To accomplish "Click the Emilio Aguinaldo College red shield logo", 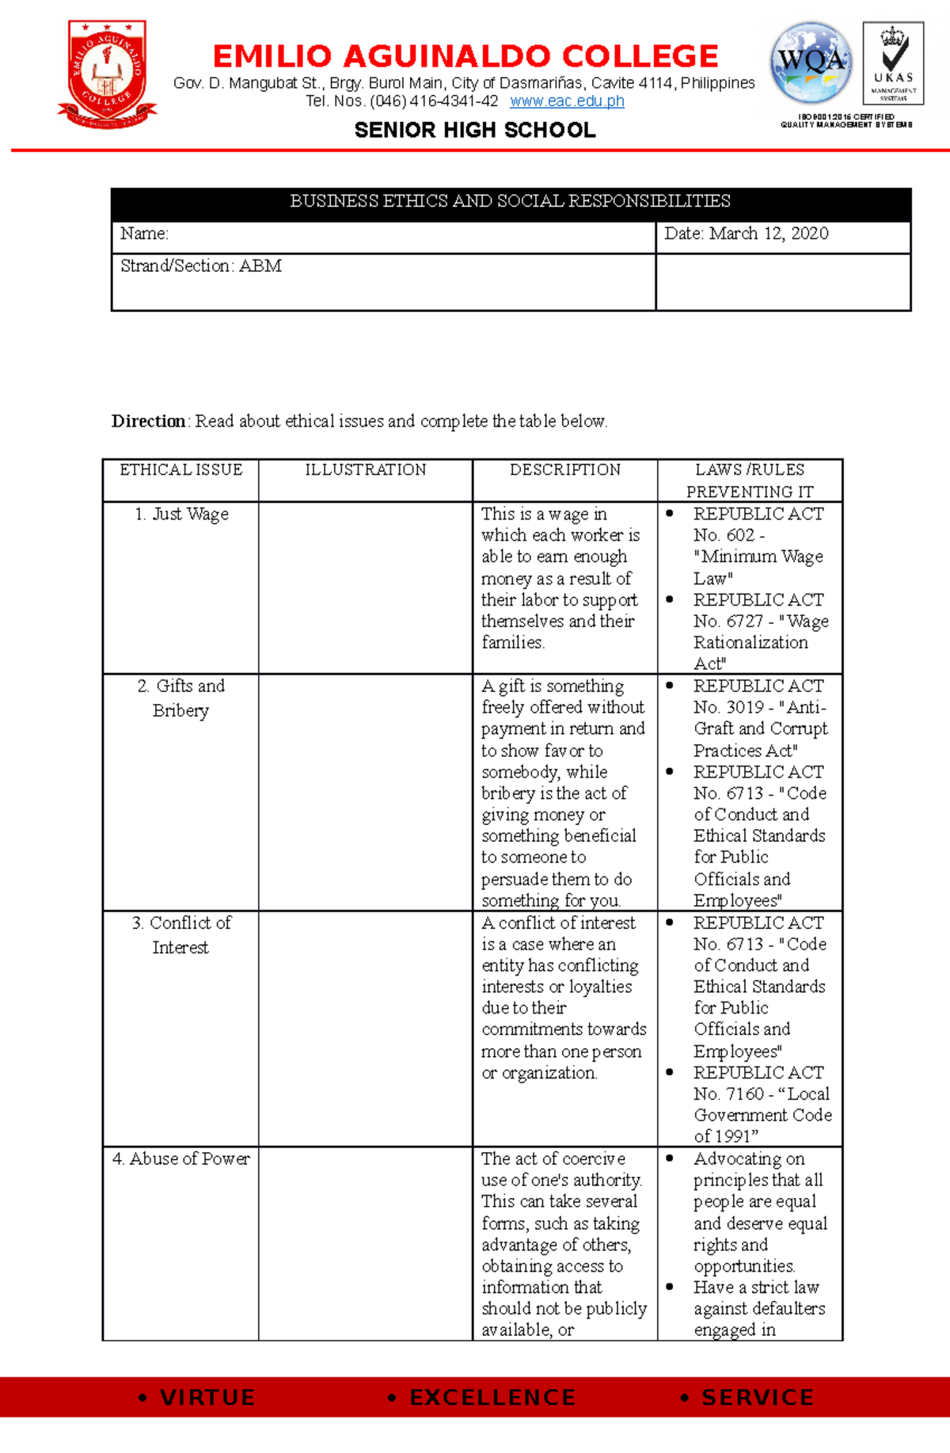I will click(107, 74).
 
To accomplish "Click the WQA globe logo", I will click(811, 63).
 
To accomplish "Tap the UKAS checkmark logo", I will click(893, 63).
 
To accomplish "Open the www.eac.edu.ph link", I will click(567, 101).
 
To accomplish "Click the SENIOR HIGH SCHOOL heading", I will click(475, 130).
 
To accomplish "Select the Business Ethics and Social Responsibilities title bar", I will click(511, 201).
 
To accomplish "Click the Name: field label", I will click(144, 234).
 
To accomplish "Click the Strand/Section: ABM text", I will click(201, 266).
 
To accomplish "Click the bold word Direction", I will click(148, 421).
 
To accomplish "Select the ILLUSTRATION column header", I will click(366, 470).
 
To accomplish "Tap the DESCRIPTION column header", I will click(565, 470).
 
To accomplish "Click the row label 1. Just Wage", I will click(182, 514).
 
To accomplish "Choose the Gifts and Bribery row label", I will click(181, 698).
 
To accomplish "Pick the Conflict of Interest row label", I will click(181, 934).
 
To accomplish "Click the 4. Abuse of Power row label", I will click(181, 1158).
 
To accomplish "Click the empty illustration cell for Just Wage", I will click(366, 587).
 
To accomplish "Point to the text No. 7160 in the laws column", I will click(728, 1094).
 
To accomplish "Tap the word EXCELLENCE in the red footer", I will click(492, 1398).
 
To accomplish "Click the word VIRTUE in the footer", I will click(207, 1398).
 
